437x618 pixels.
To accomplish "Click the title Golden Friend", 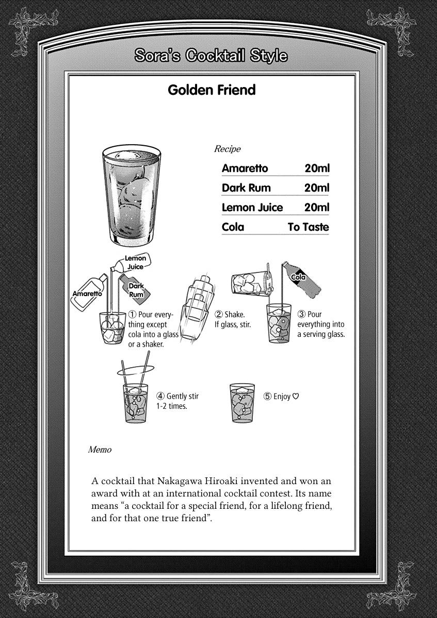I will [x=212, y=90].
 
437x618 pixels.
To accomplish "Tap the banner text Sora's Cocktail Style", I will [x=211, y=56].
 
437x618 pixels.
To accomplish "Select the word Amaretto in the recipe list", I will [x=245, y=168].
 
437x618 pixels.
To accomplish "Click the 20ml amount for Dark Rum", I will [x=316, y=188].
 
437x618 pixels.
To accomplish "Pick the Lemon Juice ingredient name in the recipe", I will [x=252, y=208].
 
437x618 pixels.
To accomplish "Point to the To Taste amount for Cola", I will [x=308, y=227].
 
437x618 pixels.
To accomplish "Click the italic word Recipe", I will [x=227, y=149].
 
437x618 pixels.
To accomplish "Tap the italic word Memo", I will [x=100, y=450].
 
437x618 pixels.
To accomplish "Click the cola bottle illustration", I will [x=302, y=278].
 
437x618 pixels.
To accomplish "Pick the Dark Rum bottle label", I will [x=136, y=290].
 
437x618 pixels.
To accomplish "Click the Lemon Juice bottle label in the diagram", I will [x=135, y=262].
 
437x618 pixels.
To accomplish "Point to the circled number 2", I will [x=218, y=314].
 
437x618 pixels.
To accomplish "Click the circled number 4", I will [x=160, y=397].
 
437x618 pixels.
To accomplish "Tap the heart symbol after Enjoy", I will [x=296, y=397].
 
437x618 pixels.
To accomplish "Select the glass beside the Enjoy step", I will [x=242, y=403].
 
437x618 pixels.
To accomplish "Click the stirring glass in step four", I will [x=136, y=403].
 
